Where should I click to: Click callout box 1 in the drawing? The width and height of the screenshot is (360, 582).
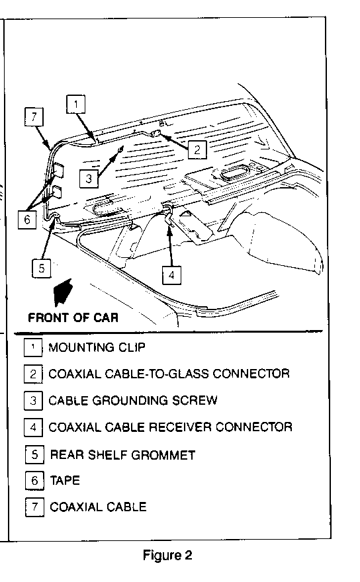click(76, 104)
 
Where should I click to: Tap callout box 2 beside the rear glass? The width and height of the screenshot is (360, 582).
click(197, 149)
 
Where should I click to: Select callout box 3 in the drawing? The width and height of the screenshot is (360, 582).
click(89, 179)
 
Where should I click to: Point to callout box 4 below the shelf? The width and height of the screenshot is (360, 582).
click(171, 275)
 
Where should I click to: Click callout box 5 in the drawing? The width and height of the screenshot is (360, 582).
click(41, 268)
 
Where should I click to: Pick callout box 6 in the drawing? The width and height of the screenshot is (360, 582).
click(27, 220)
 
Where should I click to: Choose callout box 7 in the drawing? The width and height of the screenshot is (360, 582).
click(34, 116)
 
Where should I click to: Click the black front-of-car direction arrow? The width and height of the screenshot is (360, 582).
click(62, 292)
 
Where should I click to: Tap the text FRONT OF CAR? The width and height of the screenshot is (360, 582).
click(73, 317)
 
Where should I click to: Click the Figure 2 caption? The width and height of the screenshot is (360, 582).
click(167, 556)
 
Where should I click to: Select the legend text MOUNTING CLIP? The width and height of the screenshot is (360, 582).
click(97, 347)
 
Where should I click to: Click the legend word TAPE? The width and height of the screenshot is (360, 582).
click(65, 481)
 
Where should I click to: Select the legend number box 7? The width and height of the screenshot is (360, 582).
click(34, 507)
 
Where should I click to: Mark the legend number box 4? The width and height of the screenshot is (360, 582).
click(33, 427)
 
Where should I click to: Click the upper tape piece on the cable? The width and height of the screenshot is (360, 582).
click(58, 170)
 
